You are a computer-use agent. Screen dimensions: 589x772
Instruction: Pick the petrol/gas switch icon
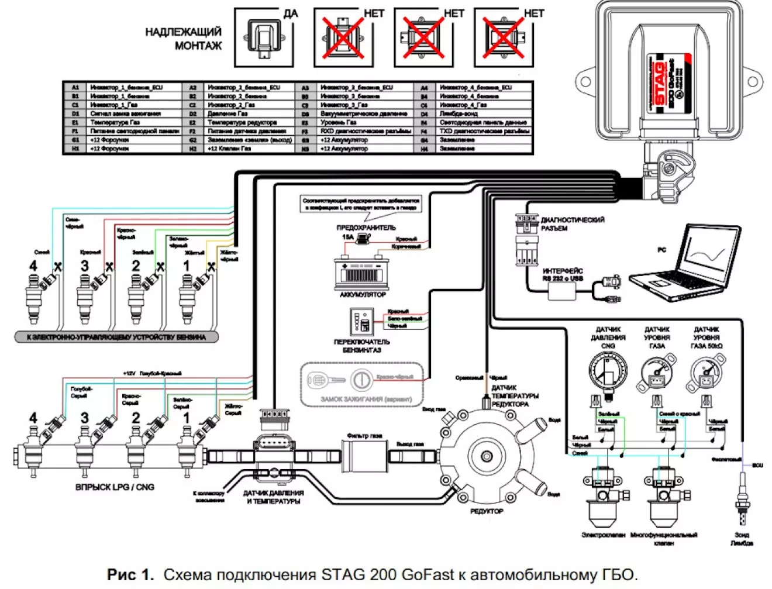point(361,322)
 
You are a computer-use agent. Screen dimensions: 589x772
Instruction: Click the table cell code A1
point(75,87)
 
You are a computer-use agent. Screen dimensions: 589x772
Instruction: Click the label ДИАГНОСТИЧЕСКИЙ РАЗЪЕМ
point(572,224)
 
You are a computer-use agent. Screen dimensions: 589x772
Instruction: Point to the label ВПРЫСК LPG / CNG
point(115,487)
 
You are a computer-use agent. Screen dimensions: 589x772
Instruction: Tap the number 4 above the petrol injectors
point(33,266)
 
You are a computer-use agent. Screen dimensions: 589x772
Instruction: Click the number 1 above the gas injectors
point(187,418)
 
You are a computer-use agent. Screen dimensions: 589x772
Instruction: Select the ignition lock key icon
point(320,381)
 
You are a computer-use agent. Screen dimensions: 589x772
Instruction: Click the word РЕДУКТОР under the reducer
point(487,511)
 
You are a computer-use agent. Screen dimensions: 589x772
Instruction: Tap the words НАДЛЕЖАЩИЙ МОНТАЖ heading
point(184,38)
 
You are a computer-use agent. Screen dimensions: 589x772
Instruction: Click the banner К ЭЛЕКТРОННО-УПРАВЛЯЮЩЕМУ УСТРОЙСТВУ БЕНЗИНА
point(116,337)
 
